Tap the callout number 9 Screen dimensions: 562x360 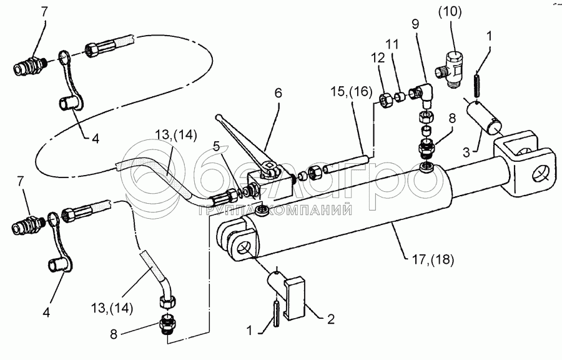[415, 24]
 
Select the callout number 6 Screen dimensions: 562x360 [278, 93]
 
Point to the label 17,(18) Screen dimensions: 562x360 [433, 259]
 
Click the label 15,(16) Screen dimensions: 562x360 [352, 91]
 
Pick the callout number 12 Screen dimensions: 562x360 [378, 57]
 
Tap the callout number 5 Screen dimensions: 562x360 [216, 146]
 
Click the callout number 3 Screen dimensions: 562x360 [466, 152]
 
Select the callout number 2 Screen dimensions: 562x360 [331, 319]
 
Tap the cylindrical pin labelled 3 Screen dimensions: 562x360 [484, 117]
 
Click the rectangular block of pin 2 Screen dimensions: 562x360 [294, 298]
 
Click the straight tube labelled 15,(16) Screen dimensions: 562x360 [345, 163]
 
